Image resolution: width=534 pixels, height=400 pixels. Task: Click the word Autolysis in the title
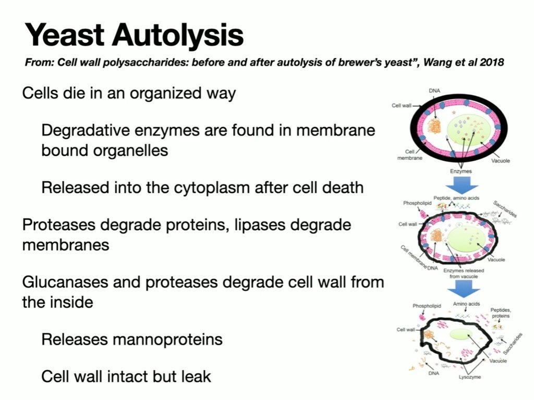pyautogui.click(x=178, y=36)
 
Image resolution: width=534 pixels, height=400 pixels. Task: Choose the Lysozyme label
pyautogui.click(x=470, y=376)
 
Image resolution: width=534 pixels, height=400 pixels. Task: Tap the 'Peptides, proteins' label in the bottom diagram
pyautogui.click(x=501, y=313)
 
